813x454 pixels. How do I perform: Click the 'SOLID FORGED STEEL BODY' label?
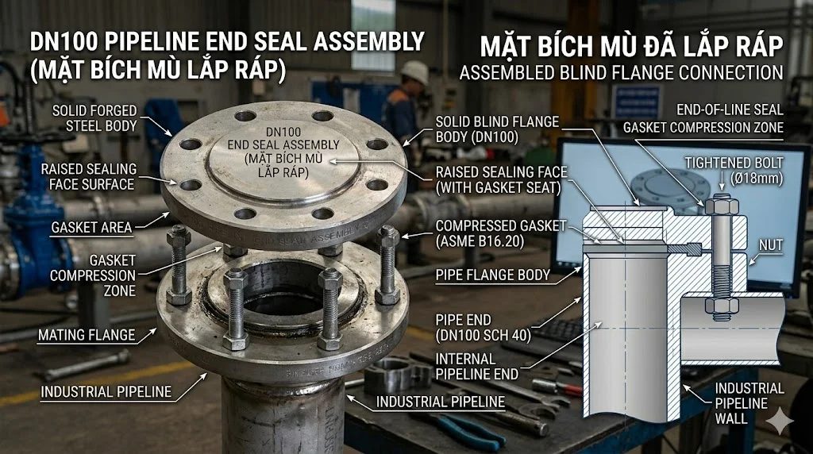point(94,117)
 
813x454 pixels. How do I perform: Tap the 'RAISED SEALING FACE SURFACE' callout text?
point(89,176)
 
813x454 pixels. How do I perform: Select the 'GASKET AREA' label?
point(92,227)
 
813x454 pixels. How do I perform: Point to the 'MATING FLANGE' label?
point(87,335)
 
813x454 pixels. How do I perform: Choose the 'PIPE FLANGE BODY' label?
point(493,275)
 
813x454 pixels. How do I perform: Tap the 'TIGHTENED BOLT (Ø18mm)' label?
point(734,171)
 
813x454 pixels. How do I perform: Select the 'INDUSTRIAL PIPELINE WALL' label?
point(749,402)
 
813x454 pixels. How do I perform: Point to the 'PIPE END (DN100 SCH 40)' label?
point(484,326)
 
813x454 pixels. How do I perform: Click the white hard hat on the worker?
point(413,72)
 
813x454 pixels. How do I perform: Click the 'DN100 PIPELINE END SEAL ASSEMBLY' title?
point(226,41)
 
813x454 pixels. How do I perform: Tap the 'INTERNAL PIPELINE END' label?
point(476,366)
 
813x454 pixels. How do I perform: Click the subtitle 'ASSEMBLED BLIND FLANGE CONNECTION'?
point(621,73)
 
